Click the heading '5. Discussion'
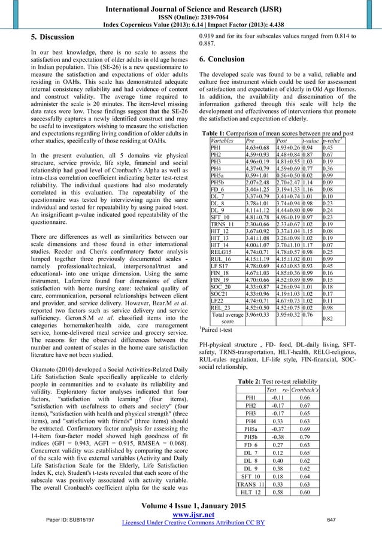pyautogui.click(x=53, y=38)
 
